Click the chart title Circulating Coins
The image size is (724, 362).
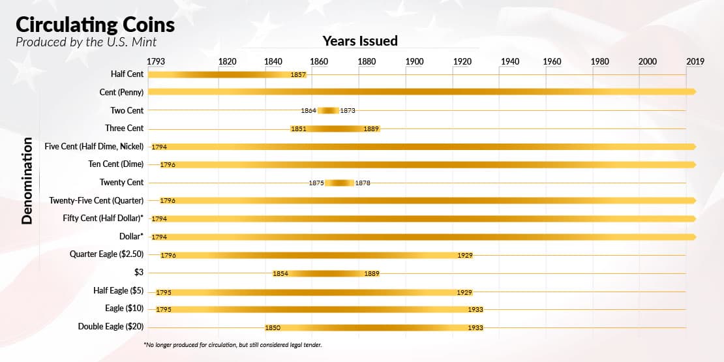coord(95,25)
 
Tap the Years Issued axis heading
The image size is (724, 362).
coord(359,41)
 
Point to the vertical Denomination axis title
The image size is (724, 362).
coord(27,181)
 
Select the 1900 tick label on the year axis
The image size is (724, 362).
coord(414,62)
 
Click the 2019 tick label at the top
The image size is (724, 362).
coord(695,62)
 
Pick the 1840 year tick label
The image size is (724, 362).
coord(274,62)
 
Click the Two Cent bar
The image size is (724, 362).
coord(328,110)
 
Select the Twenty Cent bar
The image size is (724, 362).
coord(339,183)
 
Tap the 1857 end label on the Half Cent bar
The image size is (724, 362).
coord(299,74)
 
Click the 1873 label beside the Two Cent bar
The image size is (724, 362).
coord(348,111)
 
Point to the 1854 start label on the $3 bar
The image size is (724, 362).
coord(280,273)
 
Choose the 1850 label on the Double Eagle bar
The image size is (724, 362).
coord(273,327)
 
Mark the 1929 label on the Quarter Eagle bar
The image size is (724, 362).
coord(465,255)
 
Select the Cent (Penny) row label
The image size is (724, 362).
coord(121,92)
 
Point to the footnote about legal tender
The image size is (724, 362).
coord(233,344)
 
